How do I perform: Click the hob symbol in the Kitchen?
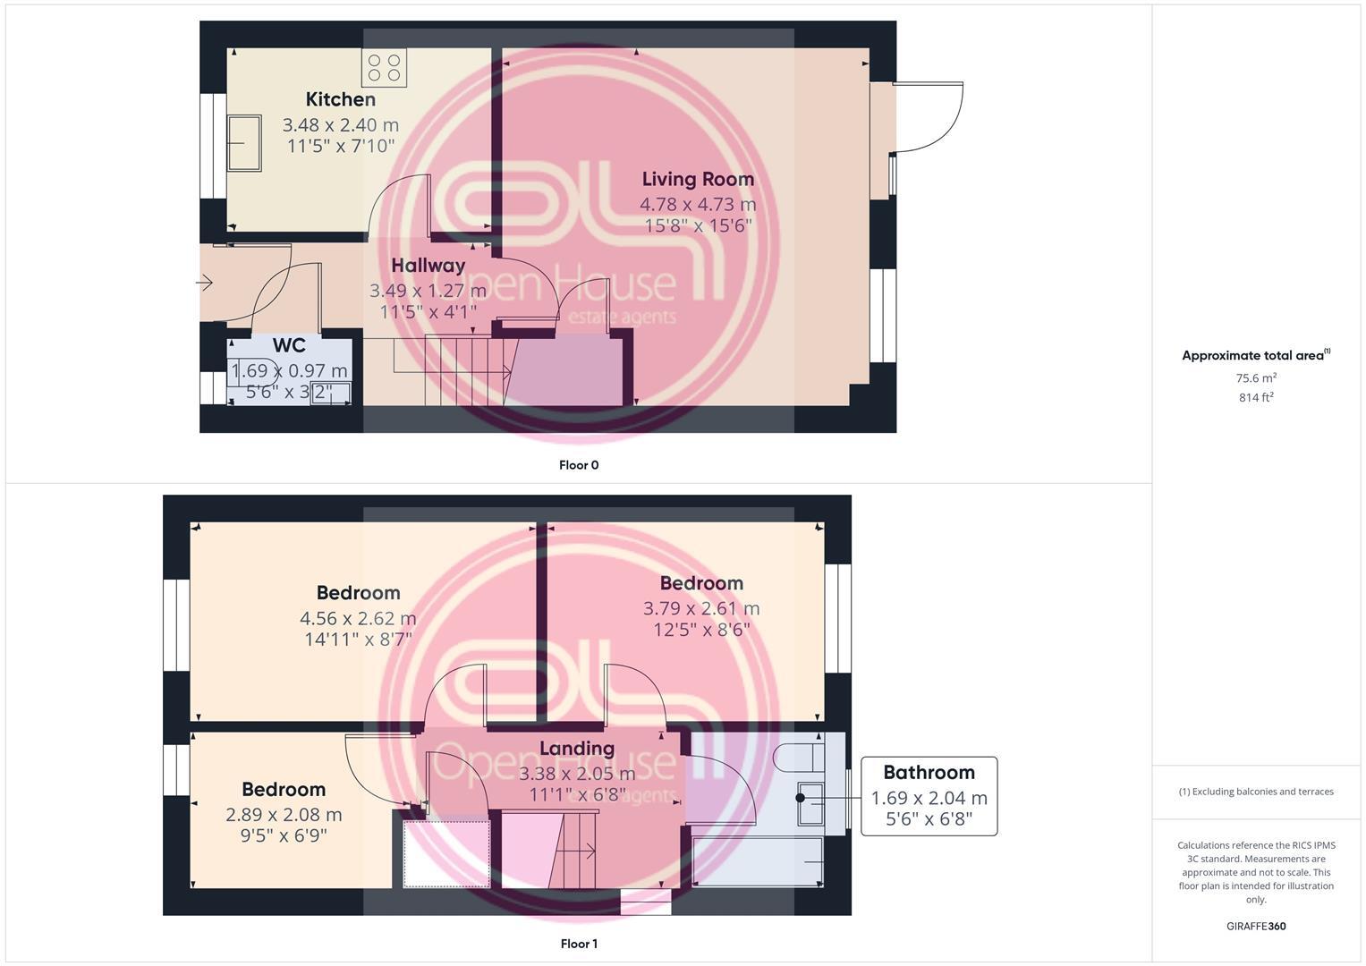tap(384, 68)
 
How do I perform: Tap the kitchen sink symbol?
tap(243, 142)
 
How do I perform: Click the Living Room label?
tap(698, 179)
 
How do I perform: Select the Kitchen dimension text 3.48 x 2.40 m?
tap(341, 125)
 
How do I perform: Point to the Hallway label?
tap(428, 266)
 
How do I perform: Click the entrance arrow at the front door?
tap(204, 284)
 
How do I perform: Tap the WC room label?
tap(289, 346)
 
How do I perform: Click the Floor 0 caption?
tap(579, 465)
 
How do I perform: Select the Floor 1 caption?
tap(579, 944)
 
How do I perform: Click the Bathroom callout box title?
tap(929, 773)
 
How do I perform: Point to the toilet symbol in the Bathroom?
tap(802, 757)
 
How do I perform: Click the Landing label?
tap(577, 749)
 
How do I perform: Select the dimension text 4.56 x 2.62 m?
tap(358, 618)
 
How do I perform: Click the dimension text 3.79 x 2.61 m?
tap(701, 608)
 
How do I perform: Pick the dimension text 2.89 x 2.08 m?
tap(284, 815)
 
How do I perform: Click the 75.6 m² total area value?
tap(1256, 378)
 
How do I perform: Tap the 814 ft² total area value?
tap(1256, 398)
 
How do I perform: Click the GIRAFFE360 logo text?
tap(1256, 927)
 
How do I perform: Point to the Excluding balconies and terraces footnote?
tap(1256, 792)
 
